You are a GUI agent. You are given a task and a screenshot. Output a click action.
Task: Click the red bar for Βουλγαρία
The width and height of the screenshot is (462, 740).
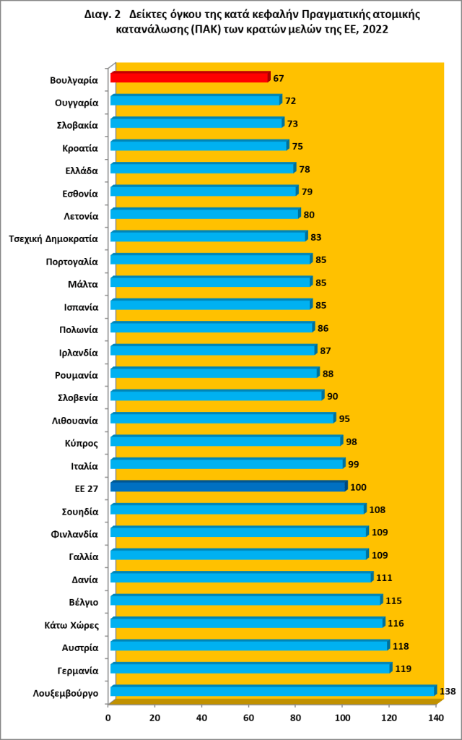[x=189, y=77]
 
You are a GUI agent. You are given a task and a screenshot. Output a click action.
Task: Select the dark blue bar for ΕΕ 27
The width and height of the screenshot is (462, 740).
[x=228, y=486]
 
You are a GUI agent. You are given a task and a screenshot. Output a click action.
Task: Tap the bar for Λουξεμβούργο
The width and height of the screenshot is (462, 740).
[x=273, y=691]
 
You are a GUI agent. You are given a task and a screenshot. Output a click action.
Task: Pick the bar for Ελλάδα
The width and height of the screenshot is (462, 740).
[x=203, y=168]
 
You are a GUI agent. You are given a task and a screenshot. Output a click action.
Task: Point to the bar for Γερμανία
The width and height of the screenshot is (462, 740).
[x=250, y=668]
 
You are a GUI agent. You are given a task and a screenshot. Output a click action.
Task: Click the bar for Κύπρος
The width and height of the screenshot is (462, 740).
[x=226, y=441]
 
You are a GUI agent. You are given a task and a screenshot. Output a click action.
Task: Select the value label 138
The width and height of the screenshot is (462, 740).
[x=448, y=692]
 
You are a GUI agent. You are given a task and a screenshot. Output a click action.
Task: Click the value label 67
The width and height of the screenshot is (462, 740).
[x=279, y=77]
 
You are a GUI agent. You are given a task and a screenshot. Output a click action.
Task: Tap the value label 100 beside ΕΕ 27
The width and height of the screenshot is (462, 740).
[x=358, y=487]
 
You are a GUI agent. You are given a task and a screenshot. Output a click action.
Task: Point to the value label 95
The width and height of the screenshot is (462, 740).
[x=344, y=418]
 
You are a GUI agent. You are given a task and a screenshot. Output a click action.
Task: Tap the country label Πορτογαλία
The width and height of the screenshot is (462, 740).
[x=71, y=260]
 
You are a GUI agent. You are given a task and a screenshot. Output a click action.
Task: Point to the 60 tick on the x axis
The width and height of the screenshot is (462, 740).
[x=248, y=717]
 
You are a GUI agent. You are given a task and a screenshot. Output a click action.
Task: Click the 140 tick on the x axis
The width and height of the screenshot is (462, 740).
[x=435, y=717]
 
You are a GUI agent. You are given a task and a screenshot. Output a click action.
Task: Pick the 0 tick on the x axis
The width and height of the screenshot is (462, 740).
[x=109, y=717]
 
